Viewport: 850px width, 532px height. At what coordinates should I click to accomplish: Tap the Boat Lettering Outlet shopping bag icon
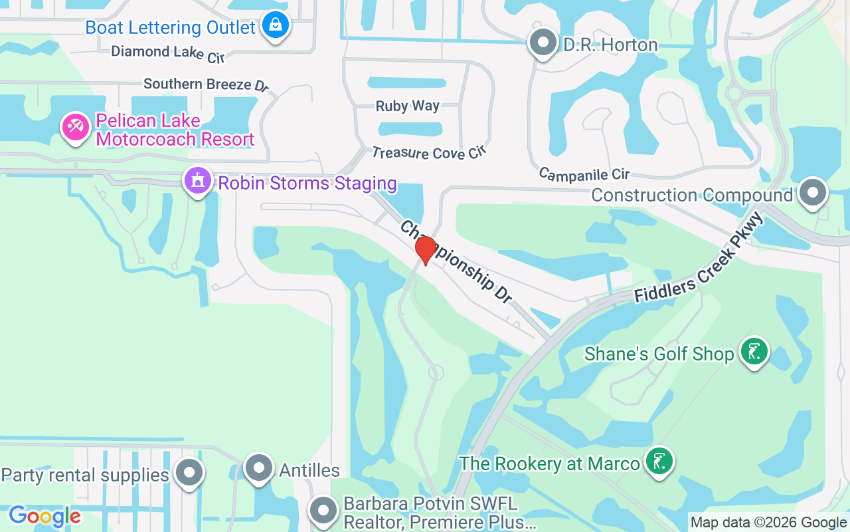coord(274,27)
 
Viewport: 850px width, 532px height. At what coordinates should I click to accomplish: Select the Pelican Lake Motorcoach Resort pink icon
coord(76,126)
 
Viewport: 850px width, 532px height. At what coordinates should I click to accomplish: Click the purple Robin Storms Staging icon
coord(198,180)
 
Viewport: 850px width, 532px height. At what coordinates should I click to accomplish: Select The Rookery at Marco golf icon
coord(659,461)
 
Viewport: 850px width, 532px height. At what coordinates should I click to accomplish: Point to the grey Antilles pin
coord(258,468)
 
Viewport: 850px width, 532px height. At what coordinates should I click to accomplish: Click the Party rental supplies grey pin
coord(189,473)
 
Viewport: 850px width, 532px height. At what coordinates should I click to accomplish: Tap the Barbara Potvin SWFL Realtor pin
coord(323,511)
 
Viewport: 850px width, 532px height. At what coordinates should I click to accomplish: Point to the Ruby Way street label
coord(407,106)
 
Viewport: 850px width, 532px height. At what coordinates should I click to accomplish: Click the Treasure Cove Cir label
coord(429,153)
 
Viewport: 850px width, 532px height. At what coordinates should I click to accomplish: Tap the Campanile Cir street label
coord(584,174)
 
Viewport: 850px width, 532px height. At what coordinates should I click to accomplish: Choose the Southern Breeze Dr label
coord(207,84)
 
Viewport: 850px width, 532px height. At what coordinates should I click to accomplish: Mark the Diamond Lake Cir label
coord(167,53)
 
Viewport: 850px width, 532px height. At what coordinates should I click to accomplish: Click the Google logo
coord(44,516)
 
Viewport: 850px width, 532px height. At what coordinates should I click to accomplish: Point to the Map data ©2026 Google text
coord(768,523)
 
